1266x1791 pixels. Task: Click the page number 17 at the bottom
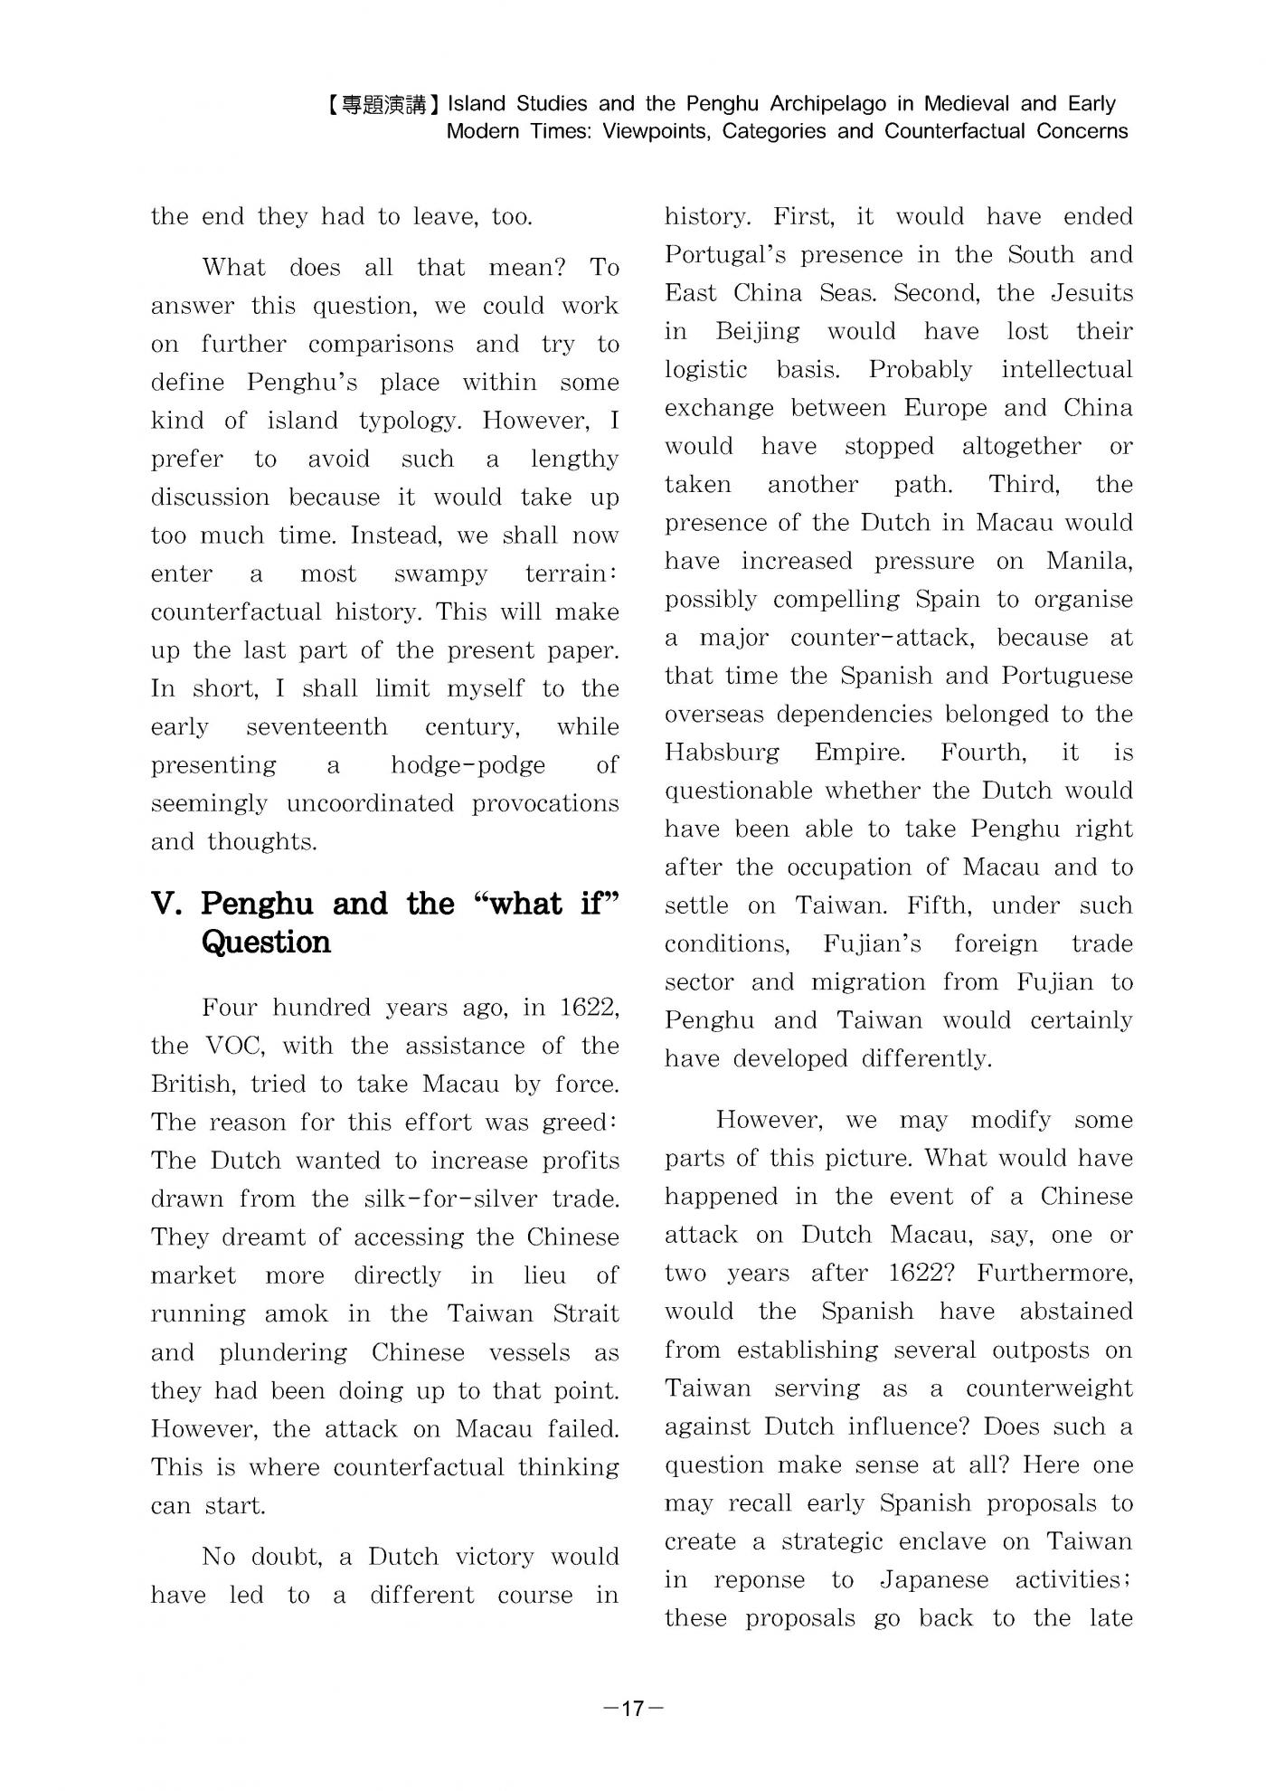[x=633, y=1708]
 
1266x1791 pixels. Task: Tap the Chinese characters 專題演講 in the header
[x=385, y=105]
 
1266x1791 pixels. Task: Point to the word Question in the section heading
[x=266, y=943]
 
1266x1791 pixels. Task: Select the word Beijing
[x=757, y=332]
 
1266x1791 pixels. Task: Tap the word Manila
[x=1089, y=562]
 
